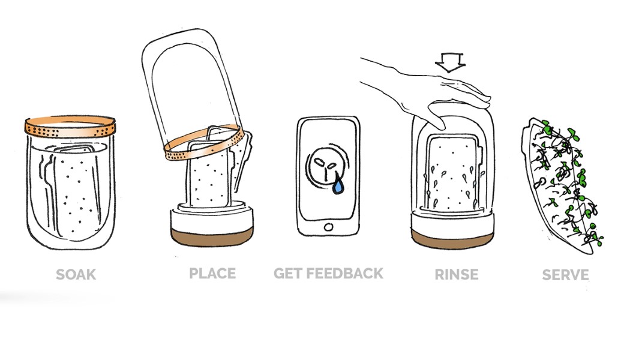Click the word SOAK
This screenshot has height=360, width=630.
pos(76,275)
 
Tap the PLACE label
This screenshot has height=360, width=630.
pos(212,274)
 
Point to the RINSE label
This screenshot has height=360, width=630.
pos(457,275)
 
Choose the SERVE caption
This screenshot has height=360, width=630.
pos(565,275)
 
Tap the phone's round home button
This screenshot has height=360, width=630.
pos(328,227)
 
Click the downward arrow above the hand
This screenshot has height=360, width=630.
pos(450,62)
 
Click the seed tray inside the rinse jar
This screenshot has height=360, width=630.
pos(452,173)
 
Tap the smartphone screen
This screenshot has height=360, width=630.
pos(328,170)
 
